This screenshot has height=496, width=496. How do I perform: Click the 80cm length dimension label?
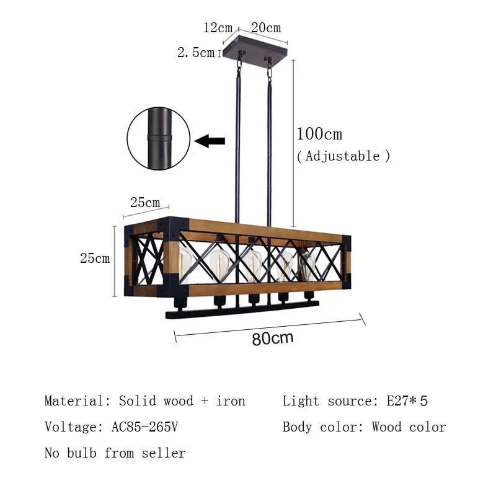coord(272,339)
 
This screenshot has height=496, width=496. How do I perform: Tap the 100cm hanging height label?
coord(319,134)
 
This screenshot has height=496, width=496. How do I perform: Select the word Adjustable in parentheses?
coord(343,156)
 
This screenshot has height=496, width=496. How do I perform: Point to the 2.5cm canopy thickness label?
coord(196,53)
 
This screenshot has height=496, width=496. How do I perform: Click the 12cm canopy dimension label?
coord(218,28)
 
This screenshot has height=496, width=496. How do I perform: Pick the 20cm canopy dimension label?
coord(266,28)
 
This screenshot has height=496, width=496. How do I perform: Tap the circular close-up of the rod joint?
coord(158,138)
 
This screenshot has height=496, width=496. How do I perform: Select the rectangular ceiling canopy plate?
coord(255,47)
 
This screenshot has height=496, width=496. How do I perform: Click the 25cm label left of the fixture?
coord(95,259)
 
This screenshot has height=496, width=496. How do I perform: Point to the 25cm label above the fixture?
coord(144,203)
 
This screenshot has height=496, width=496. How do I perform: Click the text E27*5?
coord(407,401)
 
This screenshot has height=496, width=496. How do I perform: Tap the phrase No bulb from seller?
coord(115,453)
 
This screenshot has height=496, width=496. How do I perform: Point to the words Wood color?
coord(409,427)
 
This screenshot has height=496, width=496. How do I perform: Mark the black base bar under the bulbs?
coord(242,309)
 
